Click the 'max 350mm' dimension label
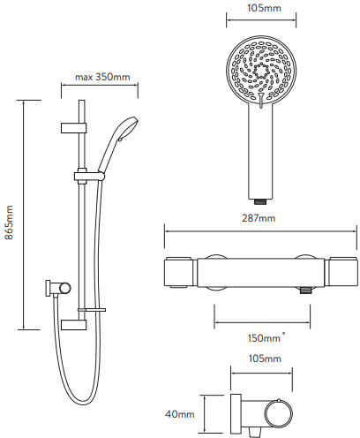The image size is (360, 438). (x=101, y=77)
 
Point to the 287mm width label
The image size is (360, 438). (x=257, y=218)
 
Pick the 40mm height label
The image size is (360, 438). (x=180, y=413)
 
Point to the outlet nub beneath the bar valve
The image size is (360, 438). (x=304, y=291)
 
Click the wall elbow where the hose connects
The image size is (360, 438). (x=56, y=288)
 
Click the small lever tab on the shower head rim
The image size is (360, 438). (x=260, y=108)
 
